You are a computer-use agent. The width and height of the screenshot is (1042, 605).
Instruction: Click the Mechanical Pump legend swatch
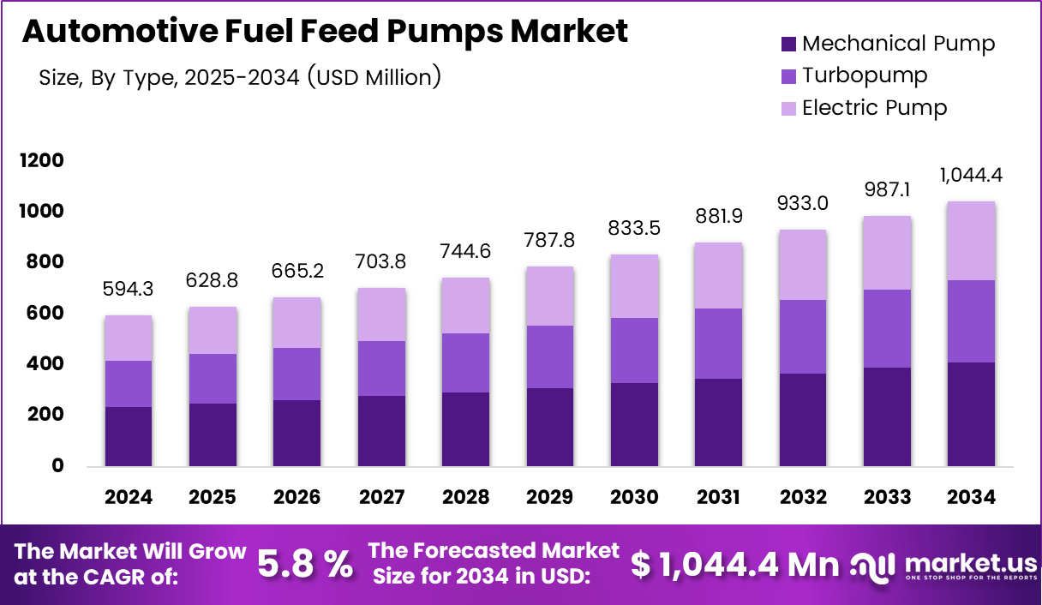788,45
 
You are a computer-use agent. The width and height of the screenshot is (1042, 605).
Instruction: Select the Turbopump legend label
865,75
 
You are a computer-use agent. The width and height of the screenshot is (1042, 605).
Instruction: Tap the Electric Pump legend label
874,108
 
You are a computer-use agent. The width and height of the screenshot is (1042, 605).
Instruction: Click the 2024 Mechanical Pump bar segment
129,436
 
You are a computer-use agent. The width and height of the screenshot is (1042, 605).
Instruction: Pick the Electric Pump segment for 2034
972,241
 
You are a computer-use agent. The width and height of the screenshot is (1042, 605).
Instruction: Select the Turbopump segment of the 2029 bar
550,356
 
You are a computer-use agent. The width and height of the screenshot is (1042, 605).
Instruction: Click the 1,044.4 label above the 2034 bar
972,176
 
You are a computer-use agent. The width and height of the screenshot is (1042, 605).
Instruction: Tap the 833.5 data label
634,228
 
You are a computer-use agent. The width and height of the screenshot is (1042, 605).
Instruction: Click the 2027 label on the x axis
381,498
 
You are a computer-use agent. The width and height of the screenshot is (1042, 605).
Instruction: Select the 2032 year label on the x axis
803,498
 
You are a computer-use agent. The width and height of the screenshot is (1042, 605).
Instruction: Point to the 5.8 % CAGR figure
305,563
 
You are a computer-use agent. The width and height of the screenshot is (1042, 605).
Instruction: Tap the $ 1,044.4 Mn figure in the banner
735,563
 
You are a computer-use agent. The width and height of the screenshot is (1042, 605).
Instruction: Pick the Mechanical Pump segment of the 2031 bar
719,422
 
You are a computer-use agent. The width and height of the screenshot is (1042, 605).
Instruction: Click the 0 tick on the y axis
57,466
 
